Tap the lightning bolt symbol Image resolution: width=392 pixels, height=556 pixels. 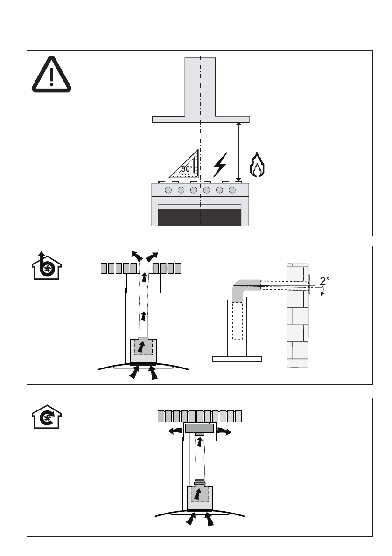coord(220,165)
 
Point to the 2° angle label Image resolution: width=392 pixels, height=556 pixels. coord(325,281)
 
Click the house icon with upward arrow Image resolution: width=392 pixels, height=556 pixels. coord(47,265)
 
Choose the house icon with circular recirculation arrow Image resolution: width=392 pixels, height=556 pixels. coord(47,417)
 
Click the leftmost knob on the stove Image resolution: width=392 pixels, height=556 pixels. coord(168,190)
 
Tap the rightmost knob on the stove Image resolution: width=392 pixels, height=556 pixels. coord(232,190)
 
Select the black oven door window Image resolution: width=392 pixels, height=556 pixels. coord(200,217)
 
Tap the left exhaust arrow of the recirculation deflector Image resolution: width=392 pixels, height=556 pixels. coord(175,431)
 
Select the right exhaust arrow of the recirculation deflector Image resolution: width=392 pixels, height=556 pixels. coord(224,431)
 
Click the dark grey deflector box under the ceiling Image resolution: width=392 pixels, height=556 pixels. coord(200,428)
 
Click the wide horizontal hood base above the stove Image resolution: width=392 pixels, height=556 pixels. coord(201,119)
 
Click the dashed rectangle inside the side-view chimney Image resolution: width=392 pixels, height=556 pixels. coord(238,320)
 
